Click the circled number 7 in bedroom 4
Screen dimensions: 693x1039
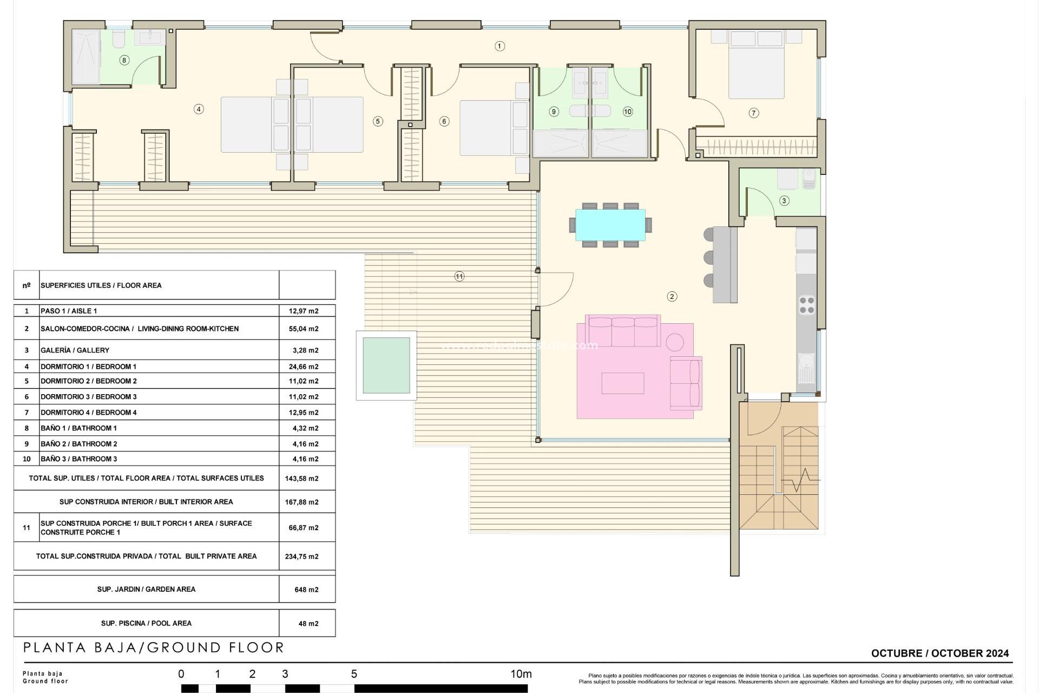753,113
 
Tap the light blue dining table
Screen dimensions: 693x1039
610,225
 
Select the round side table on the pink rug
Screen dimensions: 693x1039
674,342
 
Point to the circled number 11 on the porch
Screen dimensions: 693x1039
459,277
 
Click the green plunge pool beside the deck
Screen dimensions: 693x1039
386,365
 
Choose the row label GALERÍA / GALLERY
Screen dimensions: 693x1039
75,350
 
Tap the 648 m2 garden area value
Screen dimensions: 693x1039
306,590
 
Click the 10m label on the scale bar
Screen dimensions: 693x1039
521,674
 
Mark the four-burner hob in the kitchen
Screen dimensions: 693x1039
806,305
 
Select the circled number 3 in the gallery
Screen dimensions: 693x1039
784,201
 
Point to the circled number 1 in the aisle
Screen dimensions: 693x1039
499,47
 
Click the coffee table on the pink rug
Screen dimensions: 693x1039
622,383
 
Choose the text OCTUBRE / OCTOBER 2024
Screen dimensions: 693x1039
939,653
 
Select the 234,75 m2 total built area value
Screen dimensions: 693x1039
301,557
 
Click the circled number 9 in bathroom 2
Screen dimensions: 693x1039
553,112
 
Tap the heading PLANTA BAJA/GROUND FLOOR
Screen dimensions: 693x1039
154,648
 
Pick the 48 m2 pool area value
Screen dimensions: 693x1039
308,624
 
